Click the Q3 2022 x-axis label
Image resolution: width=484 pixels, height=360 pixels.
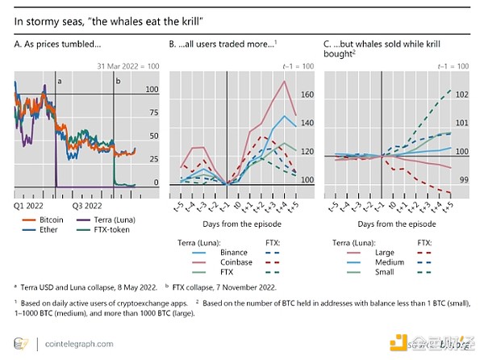[x=83, y=205]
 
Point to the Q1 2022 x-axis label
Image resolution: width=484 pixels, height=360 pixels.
[x=28, y=205]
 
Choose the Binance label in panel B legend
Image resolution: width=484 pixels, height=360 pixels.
[x=233, y=253]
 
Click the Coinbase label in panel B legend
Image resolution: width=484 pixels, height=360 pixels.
[x=236, y=263]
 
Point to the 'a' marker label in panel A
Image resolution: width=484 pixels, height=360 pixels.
[x=59, y=81]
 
